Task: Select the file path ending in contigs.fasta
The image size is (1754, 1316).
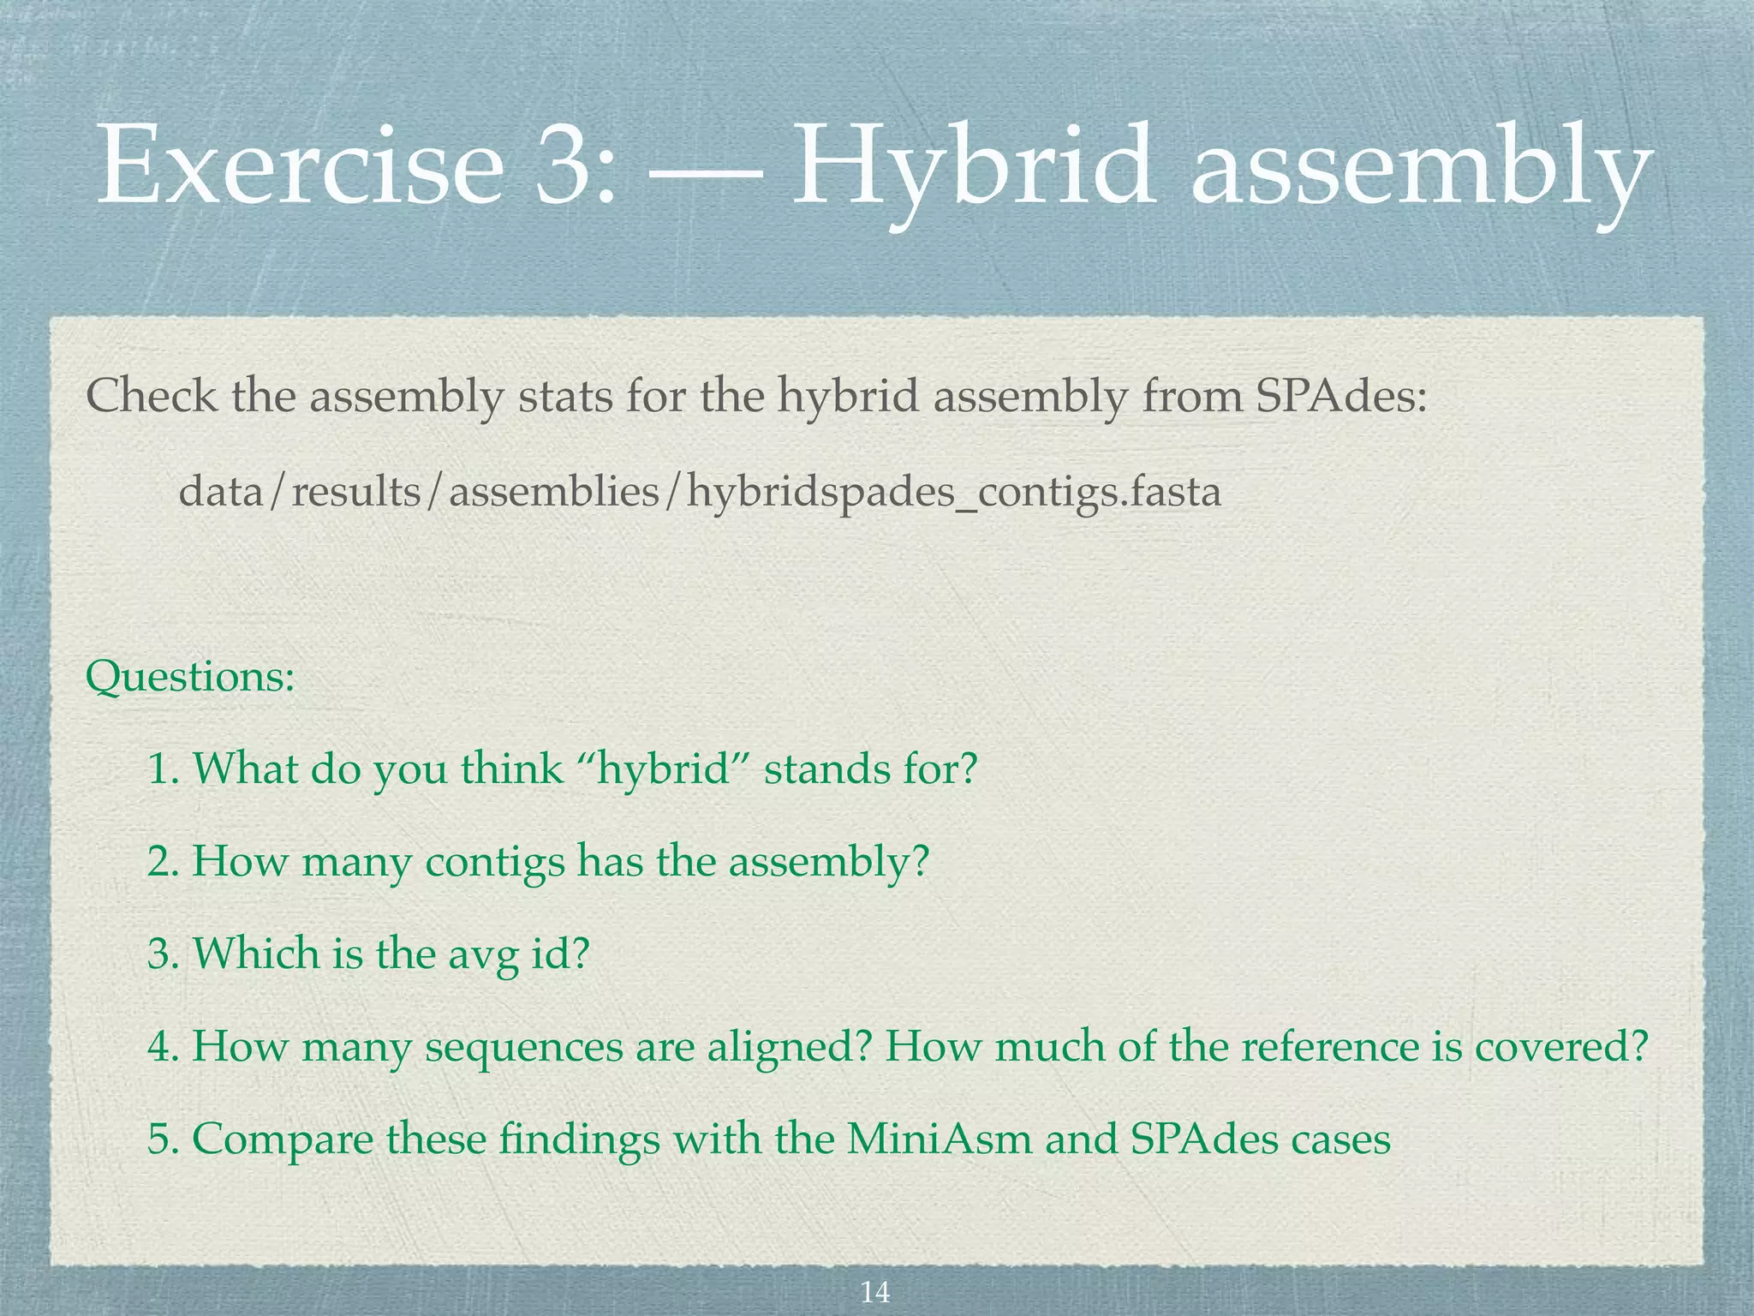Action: pyautogui.click(x=700, y=493)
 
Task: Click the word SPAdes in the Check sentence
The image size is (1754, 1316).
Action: pyautogui.click(x=1341, y=397)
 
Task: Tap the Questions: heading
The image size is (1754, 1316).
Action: pyautogui.click(x=190, y=678)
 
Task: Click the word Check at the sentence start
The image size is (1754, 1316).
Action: pyautogui.click(x=151, y=397)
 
